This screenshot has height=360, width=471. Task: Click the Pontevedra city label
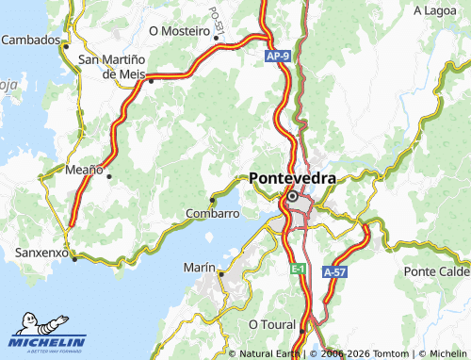[x=293, y=177]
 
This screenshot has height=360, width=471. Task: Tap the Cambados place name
[x=30, y=40]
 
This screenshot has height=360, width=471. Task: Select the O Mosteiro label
[x=178, y=30]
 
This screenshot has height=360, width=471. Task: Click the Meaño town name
[x=84, y=170]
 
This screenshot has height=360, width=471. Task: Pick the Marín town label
[x=200, y=268]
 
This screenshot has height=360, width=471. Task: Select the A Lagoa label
[x=435, y=9]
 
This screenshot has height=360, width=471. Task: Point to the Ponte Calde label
[x=436, y=271]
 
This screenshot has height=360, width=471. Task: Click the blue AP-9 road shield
[x=276, y=58]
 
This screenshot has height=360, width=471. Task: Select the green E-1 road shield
[x=298, y=270]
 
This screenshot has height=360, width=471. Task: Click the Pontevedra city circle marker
[x=293, y=197]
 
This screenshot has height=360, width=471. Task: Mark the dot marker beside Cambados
[x=66, y=42]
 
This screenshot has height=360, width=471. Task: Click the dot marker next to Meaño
[x=109, y=175]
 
